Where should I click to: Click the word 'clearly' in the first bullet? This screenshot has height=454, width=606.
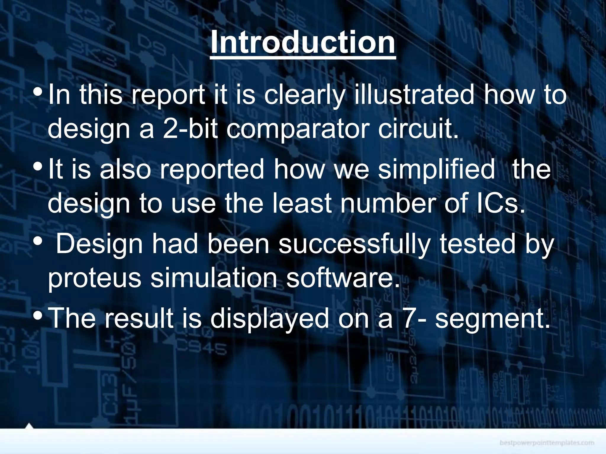coord(304,95)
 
